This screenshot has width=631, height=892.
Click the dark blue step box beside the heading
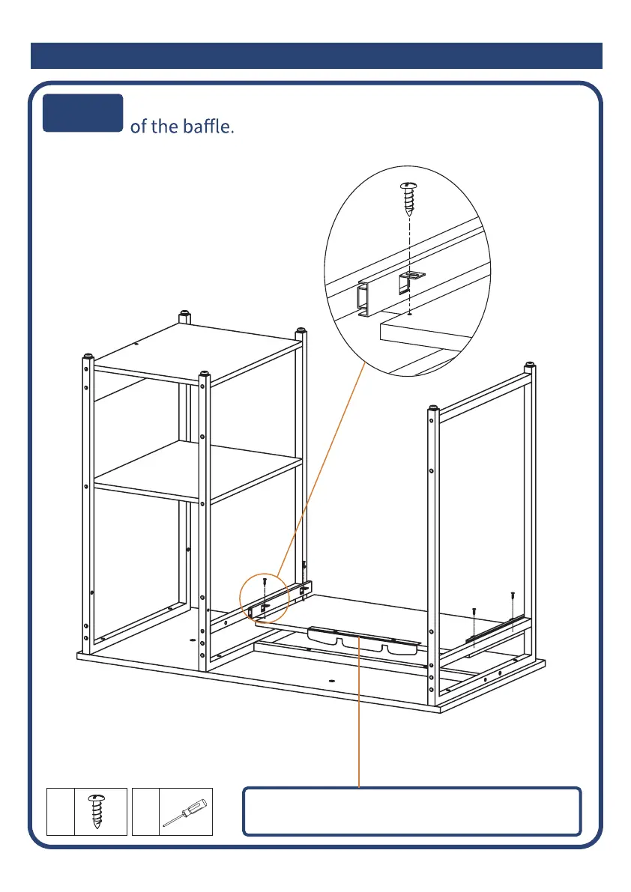click(x=82, y=113)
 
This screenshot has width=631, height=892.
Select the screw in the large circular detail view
click(x=408, y=196)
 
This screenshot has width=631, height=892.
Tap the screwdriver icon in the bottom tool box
click(x=186, y=812)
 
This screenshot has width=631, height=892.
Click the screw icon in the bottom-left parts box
click(x=96, y=812)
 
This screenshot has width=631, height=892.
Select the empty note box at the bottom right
click(x=412, y=811)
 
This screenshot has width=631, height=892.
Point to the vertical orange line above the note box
click(x=360, y=712)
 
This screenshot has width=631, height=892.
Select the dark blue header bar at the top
click(x=316, y=56)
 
